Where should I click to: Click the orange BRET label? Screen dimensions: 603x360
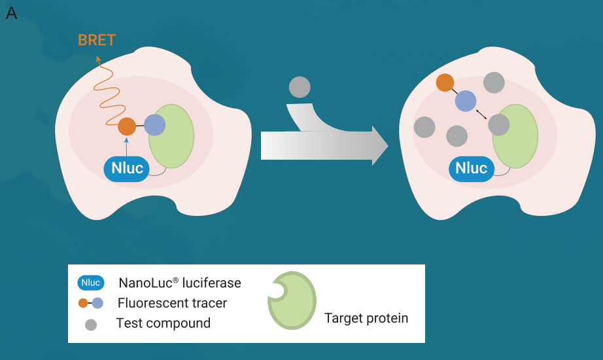pyautogui.click(x=97, y=40)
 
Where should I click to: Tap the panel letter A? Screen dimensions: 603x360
pyautogui.click(x=12, y=14)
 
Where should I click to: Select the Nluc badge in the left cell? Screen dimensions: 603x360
pyautogui.click(x=126, y=169)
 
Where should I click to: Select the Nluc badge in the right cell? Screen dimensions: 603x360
pyautogui.click(x=471, y=169)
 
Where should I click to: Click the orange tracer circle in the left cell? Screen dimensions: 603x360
pyautogui.click(x=127, y=126)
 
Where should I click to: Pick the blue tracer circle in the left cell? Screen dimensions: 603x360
pyautogui.click(x=154, y=125)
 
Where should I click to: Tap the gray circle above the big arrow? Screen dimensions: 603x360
pyautogui.click(x=300, y=87)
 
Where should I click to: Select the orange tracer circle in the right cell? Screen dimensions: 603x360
pyautogui.click(x=445, y=82)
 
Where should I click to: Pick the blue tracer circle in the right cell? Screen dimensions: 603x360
pyautogui.click(x=466, y=101)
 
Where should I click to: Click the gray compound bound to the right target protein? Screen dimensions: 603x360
pyautogui.click(x=499, y=125)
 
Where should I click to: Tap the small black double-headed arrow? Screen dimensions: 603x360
pyautogui.click(x=481, y=115)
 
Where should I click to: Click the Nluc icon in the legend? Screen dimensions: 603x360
pyautogui.click(x=91, y=283)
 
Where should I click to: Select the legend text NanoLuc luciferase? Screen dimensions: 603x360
pyautogui.click(x=180, y=283)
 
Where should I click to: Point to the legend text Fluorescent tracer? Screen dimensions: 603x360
pyautogui.click(x=172, y=303)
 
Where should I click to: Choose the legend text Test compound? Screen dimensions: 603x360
pyautogui.click(x=164, y=323)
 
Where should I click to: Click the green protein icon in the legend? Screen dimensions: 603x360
pyautogui.click(x=292, y=300)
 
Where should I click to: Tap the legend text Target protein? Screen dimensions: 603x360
pyautogui.click(x=366, y=318)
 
